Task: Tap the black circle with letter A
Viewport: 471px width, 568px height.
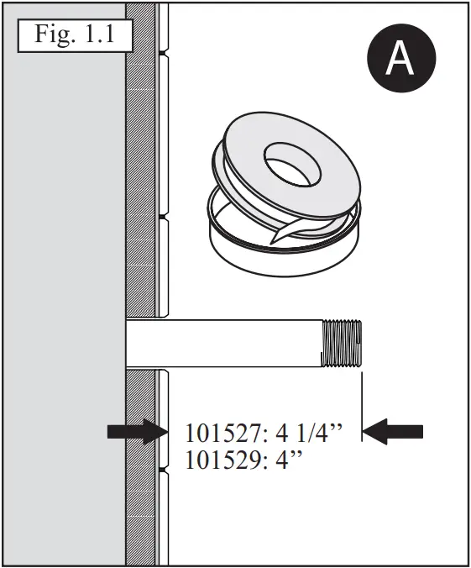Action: (x=400, y=57)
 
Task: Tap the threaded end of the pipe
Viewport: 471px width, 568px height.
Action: (x=343, y=344)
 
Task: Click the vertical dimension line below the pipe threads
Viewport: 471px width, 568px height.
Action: (x=361, y=408)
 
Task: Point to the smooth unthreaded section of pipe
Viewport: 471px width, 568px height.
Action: (x=227, y=344)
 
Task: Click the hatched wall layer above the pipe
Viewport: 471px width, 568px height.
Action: (x=141, y=168)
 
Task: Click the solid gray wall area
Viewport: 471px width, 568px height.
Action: (x=63, y=294)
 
